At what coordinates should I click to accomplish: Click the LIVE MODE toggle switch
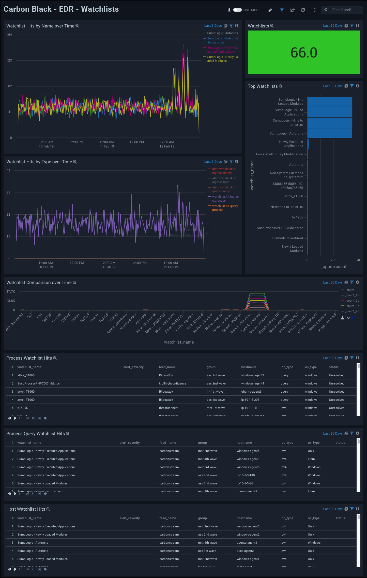[237, 10]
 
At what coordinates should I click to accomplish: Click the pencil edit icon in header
[270, 10]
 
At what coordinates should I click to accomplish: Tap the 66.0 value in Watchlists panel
[304, 53]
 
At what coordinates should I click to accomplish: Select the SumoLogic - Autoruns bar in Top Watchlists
[329, 134]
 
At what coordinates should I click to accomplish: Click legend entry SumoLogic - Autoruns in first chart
[222, 33]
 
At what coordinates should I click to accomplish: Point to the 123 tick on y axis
[9, 61]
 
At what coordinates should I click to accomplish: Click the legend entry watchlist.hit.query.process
[225, 208]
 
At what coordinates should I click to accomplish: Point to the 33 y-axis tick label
[8, 192]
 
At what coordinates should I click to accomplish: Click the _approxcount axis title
[333, 267]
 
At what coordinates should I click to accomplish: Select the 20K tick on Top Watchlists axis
[333, 260]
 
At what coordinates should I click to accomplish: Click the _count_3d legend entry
[352, 306]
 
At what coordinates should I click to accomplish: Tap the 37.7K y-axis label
[11, 292]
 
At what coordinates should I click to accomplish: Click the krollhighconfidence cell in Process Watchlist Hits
[172, 383]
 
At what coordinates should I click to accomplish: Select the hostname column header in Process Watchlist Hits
[249, 367]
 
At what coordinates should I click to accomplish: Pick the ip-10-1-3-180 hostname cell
[246, 475]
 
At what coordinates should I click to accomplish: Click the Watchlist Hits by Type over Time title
[39, 162]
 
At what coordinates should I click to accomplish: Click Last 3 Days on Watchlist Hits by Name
[213, 26]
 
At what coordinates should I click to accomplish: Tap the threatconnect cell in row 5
[169, 408]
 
